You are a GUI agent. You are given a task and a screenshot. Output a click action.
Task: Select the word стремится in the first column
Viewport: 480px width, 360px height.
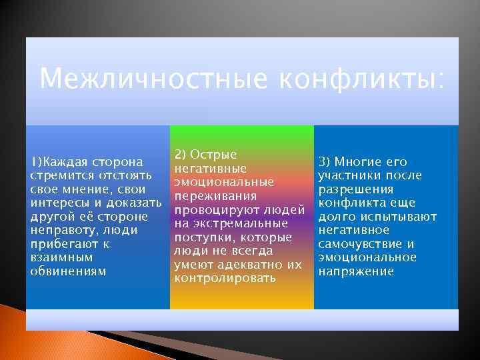[58, 175]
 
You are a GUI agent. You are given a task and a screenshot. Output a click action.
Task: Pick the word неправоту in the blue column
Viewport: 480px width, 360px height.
[61, 230]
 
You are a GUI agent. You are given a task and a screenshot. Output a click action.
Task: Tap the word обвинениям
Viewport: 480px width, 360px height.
[69, 271]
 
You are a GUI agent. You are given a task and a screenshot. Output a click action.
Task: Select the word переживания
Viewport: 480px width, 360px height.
[215, 196]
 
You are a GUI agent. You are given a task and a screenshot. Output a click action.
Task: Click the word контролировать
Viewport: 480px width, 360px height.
[225, 277]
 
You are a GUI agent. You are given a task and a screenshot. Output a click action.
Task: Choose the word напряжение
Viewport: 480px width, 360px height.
[356, 271]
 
